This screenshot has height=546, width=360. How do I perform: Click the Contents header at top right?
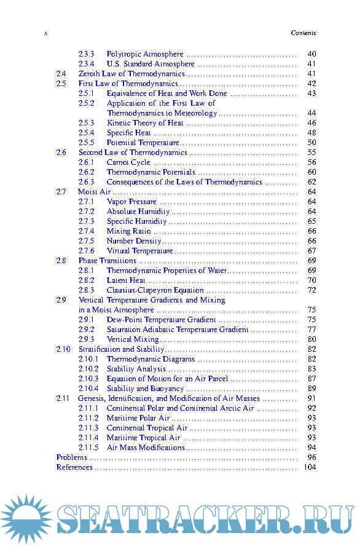click(303, 33)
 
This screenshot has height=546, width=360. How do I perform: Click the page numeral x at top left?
click(46, 33)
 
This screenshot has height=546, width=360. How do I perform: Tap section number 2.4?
click(61, 74)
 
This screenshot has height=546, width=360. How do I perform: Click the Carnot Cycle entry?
click(128, 162)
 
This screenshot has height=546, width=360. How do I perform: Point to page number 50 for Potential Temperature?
click(311, 143)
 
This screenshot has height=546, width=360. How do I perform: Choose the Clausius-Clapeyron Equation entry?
click(155, 290)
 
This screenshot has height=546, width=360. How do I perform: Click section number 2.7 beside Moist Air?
click(61, 192)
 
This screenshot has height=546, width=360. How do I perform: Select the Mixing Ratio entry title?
click(128, 231)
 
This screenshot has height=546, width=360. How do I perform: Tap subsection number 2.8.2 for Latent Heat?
click(86, 280)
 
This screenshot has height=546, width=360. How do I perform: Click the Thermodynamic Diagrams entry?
click(151, 359)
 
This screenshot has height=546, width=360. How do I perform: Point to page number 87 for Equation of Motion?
click(311, 379)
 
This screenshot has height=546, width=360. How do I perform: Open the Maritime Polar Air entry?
click(138, 418)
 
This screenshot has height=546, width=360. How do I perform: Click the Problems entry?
click(72, 457)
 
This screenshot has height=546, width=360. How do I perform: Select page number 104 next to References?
click(310, 467)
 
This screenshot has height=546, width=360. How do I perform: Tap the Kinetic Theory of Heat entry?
click(145, 123)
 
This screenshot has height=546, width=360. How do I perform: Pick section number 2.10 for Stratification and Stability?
click(63, 349)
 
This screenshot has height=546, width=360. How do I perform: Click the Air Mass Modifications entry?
click(146, 448)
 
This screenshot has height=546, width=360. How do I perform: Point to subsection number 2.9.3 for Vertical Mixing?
click(86, 339)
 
